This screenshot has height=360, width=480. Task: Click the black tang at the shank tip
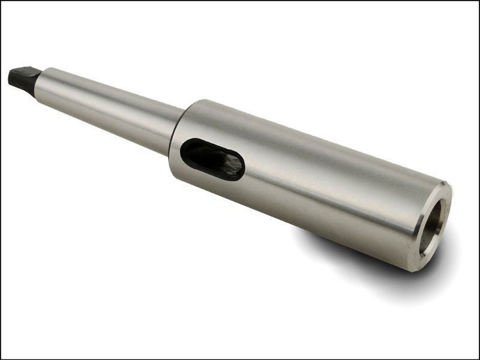pyautogui.click(x=23, y=76)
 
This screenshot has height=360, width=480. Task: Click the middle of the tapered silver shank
pyautogui.click(x=108, y=108)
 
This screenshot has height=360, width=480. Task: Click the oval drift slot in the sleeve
pyautogui.click(x=212, y=159)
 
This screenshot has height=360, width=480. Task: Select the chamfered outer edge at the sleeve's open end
pyautogui.click(x=449, y=198)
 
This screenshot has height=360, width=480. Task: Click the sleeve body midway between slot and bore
pyautogui.click(x=330, y=192)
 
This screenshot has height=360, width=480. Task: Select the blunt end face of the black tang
pyautogui.click(x=11, y=77)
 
